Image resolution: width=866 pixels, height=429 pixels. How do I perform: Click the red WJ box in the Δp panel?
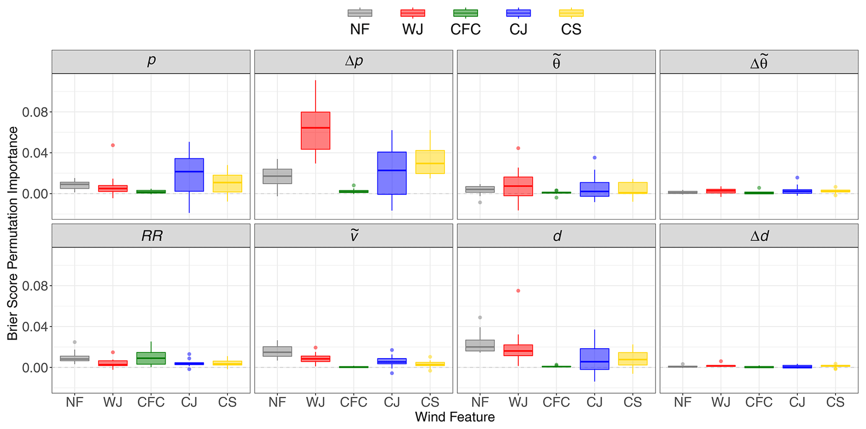point(315,131)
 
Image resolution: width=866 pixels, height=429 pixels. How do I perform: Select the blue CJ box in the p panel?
point(189,175)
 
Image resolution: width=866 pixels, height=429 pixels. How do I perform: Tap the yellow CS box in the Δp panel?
point(430,162)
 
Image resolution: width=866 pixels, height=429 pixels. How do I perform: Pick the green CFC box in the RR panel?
point(151,358)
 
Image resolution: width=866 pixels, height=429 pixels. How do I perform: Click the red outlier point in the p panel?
point(113,145)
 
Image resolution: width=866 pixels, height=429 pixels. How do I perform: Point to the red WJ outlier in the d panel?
point(518,291)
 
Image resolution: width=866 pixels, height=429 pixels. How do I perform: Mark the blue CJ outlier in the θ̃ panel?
point(595,158)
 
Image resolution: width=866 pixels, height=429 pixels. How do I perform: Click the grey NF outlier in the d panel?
point(480,318)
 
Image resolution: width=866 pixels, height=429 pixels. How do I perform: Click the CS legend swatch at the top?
point(571,13)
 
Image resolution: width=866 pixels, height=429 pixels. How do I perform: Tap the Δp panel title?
point(354,62)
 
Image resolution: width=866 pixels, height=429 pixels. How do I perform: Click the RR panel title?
point(151,236)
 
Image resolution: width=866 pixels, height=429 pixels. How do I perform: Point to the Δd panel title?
point(759,236)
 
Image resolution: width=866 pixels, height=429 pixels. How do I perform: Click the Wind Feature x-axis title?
point(455,417)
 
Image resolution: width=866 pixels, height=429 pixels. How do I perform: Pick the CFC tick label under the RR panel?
point(151,402)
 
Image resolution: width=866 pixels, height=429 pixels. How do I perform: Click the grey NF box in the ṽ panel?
point(277,351)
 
